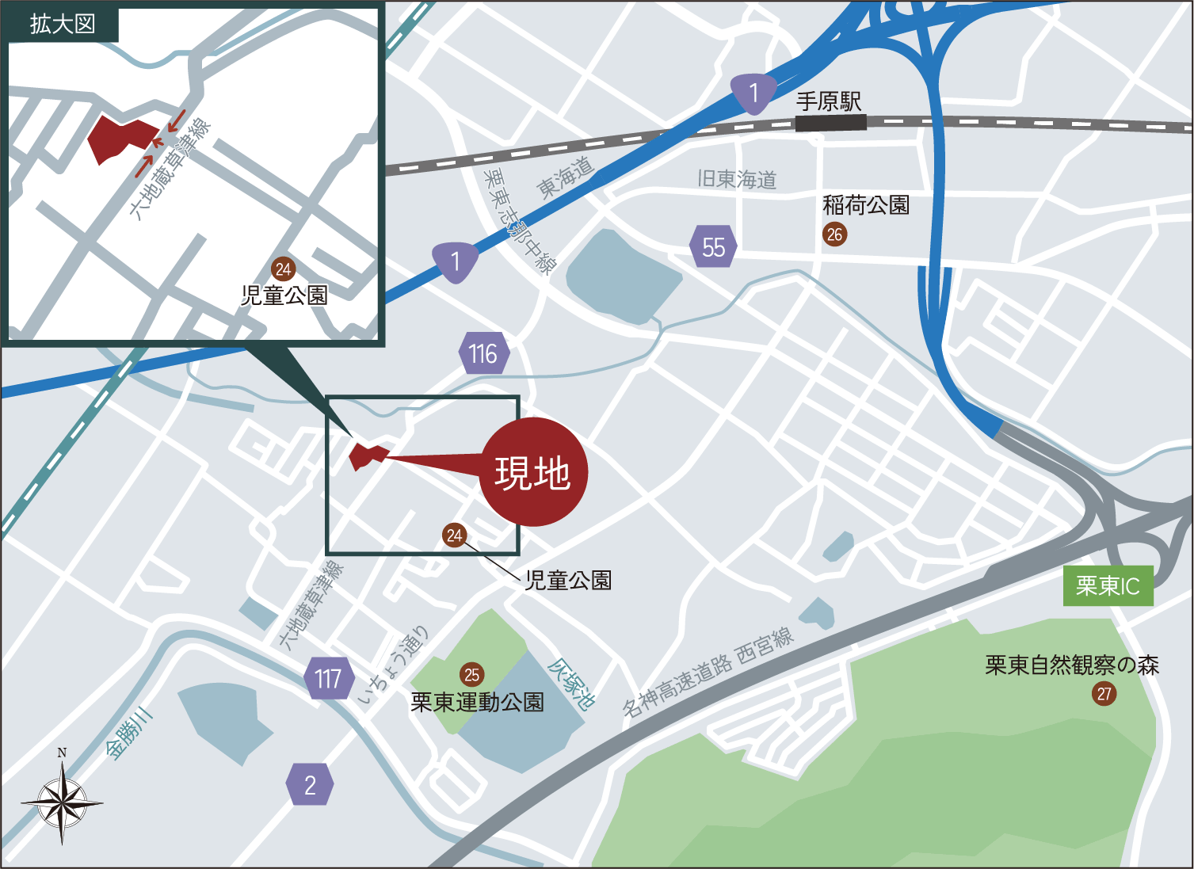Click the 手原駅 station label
[828, 101]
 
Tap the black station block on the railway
[830, 123]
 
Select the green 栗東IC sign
[1107, 586]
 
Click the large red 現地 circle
[533, 472]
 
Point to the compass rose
[62, 802]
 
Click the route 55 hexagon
[713, 247]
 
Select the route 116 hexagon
[483, 353]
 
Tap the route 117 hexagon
[329, 679]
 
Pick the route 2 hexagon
[310, 785]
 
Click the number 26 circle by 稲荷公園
[834, 234]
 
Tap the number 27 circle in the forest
[1104, 694]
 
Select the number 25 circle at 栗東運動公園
[471, 675]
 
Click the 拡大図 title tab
[62, 24]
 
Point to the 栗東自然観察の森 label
[1071, 665]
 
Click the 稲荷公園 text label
[865, 206]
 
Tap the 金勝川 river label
[129, 733]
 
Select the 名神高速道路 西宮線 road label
[707, 673]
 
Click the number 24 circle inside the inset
[284, 269]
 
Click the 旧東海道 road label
[736, 179]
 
